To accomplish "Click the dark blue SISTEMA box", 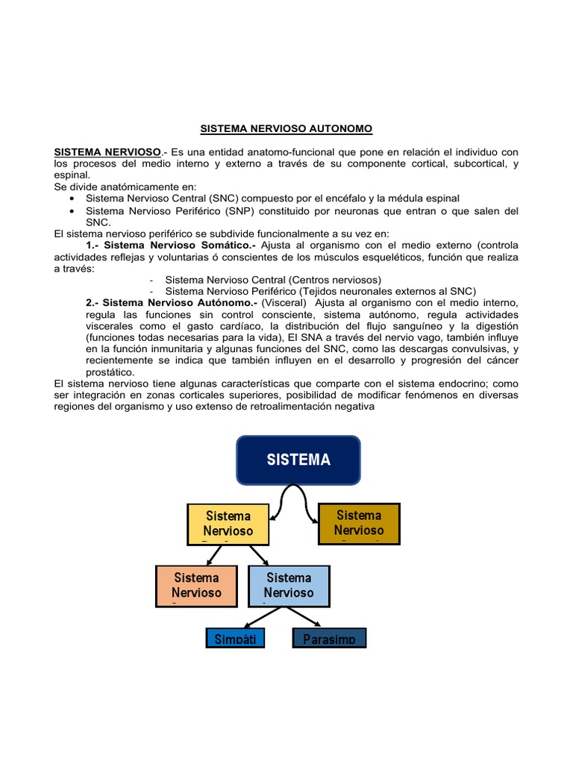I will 298,460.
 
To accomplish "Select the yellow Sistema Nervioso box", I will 228,524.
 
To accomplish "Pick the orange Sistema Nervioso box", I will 196,585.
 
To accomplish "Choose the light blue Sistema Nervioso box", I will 288,585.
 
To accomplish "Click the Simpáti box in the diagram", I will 235,639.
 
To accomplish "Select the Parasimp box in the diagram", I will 329,639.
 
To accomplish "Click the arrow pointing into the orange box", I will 213,554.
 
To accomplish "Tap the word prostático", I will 110,372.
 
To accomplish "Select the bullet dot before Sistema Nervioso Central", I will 71,198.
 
